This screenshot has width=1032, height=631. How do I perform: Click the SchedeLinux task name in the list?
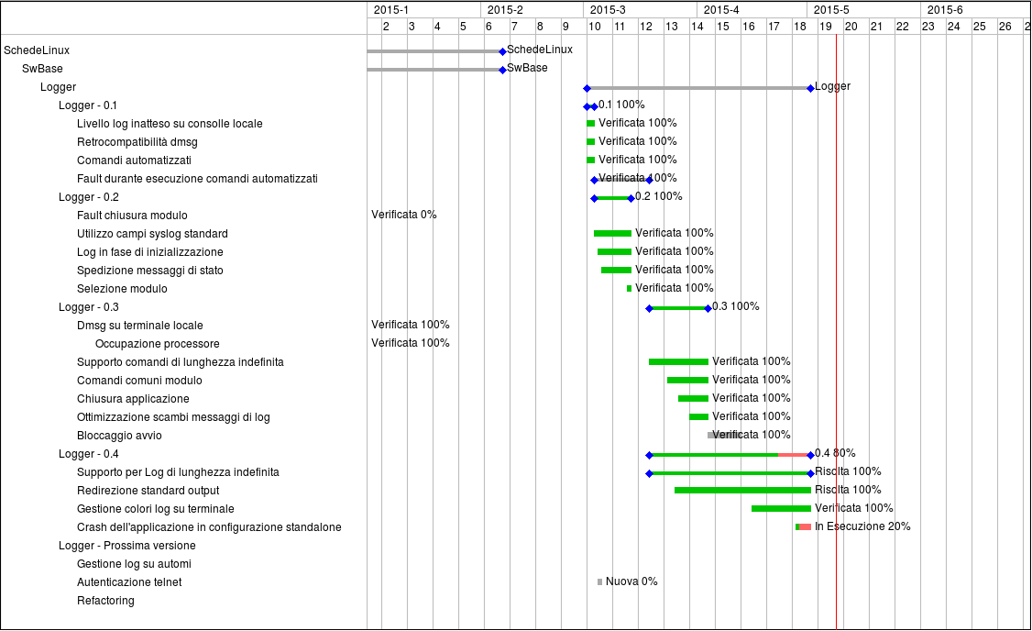click(37, 50)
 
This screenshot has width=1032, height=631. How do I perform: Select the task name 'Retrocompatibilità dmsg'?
click(137, 141)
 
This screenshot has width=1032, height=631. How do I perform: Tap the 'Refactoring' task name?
click(105, 600)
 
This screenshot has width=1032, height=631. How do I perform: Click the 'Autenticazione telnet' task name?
click(129, 581)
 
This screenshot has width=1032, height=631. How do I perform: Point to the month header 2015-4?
click(721, 10)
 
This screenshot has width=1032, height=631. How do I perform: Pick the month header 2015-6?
click(945, 10)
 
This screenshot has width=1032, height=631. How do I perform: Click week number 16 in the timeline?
click(748, 27)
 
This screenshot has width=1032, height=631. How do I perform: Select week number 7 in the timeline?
click(514, 27)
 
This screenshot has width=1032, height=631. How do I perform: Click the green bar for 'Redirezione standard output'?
click(742, 490)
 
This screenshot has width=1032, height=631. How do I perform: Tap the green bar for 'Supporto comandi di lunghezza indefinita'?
click(678, 361)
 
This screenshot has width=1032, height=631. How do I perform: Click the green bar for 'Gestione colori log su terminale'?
click(781, 508)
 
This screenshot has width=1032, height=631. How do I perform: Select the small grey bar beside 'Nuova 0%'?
click(599, 581)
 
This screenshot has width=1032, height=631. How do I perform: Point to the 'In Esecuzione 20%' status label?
click(862, 526)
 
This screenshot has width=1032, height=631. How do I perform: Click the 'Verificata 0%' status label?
click(403, 214)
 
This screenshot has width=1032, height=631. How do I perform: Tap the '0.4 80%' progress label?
click(835, 453)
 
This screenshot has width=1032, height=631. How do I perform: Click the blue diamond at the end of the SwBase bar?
click(503, 70)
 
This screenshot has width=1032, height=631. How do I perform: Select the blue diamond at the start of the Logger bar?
click(587, 88)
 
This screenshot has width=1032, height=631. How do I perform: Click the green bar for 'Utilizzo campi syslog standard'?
click(613, 233)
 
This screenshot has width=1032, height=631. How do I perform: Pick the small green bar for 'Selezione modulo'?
click(630, 289)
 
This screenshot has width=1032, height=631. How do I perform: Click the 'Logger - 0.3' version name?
click(89, 307)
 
